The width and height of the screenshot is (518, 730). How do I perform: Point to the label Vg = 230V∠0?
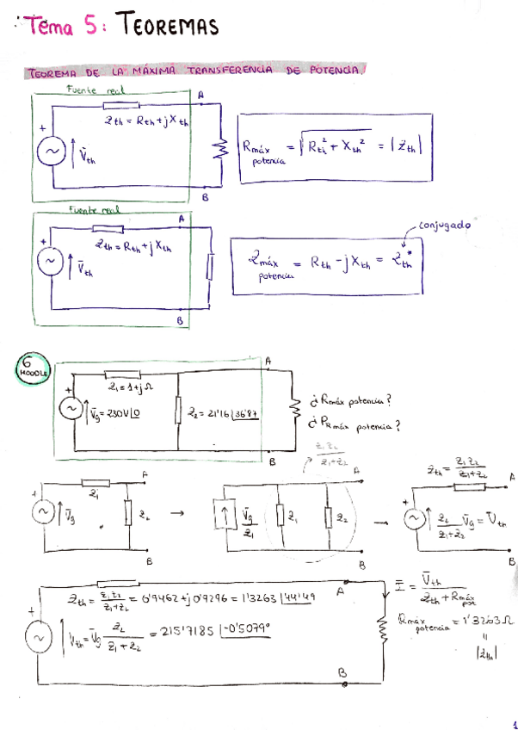click(x=107, y=411)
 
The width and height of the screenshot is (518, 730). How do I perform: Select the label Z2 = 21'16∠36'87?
click(x=224, y=413)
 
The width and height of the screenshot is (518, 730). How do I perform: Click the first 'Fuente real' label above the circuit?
click(x=95, y=89)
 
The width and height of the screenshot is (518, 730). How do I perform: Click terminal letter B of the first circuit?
click(x=205, y=196)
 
